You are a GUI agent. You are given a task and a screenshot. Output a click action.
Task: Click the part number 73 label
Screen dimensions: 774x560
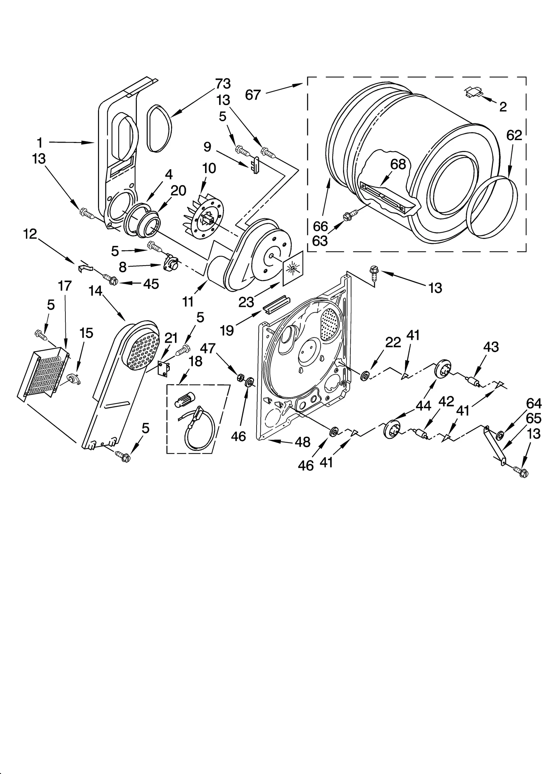pos(223,84)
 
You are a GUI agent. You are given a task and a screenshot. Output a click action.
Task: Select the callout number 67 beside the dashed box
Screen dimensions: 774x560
pos(253,95)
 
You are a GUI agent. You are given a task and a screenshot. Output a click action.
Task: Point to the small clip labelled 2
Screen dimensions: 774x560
pos(473,92)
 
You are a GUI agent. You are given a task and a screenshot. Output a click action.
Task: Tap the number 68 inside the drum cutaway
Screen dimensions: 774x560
pos(398,164)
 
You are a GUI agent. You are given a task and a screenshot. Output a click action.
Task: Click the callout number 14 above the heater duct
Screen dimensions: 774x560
pos(95,291)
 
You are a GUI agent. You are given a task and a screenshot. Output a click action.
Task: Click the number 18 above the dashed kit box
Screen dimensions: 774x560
pos(195,361)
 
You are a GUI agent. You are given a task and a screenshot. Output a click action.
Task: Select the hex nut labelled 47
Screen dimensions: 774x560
pos(241,377)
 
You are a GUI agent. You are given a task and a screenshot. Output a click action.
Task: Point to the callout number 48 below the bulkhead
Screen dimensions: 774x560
pos(302,442)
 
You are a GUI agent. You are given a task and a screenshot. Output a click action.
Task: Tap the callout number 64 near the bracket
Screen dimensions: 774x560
pos(534,404)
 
